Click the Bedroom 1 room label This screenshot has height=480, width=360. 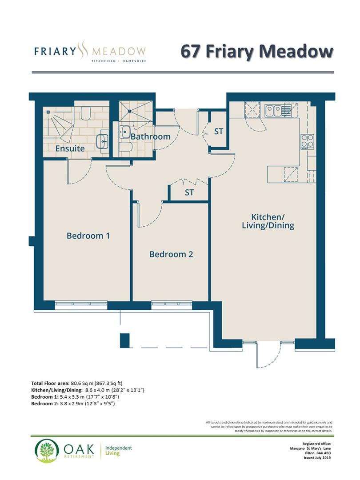pos(88,236)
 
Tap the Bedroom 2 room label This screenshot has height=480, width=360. pos(171,254)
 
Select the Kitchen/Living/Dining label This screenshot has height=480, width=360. pos(272,221)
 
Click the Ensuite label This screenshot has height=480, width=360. pos(70,148)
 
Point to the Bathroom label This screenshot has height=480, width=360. pos(150,136)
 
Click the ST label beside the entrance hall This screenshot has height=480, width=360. pos(219,132)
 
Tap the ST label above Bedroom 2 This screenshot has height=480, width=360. pos(189,193)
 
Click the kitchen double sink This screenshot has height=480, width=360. pos(273,110)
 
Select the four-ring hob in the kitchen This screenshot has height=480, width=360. pos(308,141)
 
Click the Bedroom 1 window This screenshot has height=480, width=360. pos(81,305)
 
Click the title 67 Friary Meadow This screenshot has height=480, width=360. pos(256,51)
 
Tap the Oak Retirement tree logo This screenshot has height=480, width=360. pos(47,451)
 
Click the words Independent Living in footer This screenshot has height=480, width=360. pos(118,451)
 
